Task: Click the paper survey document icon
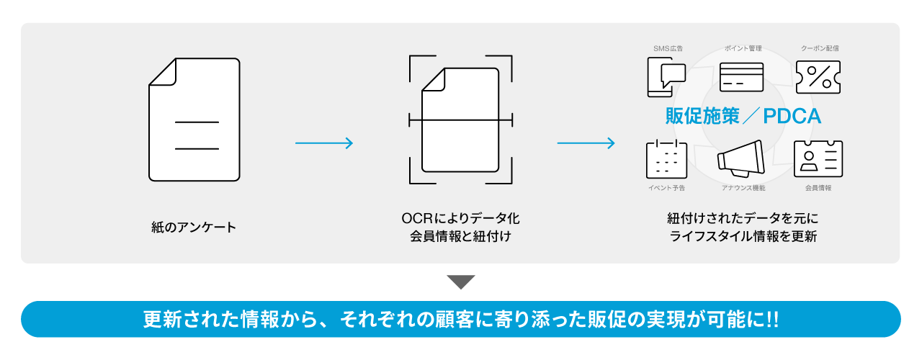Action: pos(194,120)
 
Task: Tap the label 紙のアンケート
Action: pos(194,228)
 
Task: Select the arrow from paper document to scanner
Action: pos(324,143)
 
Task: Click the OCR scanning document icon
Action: pos(461,120)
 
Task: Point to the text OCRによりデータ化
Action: pos(461,217)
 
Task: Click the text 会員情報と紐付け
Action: pos(461,235)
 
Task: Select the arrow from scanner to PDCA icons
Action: pos(586,143)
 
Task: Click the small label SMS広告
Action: pos(668,49)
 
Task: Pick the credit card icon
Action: pos(741,77)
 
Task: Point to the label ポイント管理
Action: pos(743,49)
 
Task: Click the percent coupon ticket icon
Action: pos(818,77)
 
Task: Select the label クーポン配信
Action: pos(820,49)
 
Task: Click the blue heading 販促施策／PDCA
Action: pos(743,117)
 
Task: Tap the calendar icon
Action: pos(666,158)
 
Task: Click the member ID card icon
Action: pos(818,158)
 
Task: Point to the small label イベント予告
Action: pos(666,188)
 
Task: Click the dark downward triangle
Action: pos(461,282)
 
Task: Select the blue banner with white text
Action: pos(461,319)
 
